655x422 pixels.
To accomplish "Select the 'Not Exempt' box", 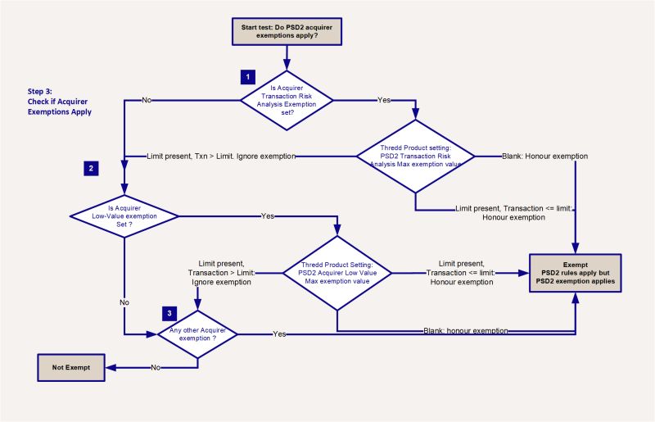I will pos(71,367).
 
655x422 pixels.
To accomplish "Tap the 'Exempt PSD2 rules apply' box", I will pos(576,273).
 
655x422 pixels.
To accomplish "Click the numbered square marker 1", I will pos(246,76).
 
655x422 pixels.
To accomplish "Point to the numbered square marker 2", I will pos(91,169).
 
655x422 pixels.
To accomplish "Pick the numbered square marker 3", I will pos(169,313).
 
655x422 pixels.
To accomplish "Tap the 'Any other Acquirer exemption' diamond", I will pos(197,334).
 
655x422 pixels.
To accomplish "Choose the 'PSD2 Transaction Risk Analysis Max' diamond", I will pos(415,156).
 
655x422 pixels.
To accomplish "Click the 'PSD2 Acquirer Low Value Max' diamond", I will pos(337,273).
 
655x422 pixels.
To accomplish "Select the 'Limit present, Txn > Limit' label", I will pos(220,156).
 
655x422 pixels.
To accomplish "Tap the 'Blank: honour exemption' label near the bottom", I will pos(465,331).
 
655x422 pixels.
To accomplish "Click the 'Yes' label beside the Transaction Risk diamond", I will pos(383,100).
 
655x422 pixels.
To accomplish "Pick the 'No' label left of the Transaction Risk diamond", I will pos(147,100).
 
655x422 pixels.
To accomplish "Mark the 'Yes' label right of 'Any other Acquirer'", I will pos(279,334).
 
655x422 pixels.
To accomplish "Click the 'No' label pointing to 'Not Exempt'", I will pos(156,368).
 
